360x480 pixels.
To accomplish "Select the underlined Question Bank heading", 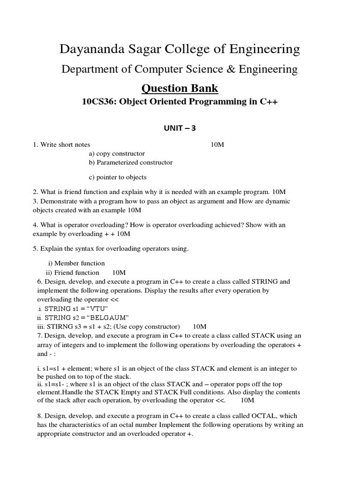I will [180, 88].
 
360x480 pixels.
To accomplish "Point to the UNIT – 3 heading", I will [180, 128].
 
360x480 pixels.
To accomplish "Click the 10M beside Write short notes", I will [217, 145].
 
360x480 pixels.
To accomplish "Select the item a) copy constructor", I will [117, 154].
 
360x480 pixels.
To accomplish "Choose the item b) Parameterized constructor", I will [130, 163].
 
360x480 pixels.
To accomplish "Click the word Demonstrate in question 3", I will [59, 201].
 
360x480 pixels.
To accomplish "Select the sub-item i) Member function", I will [76, 263].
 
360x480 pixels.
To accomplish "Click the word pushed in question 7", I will [51, 377].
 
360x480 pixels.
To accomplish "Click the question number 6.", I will [39, 282].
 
